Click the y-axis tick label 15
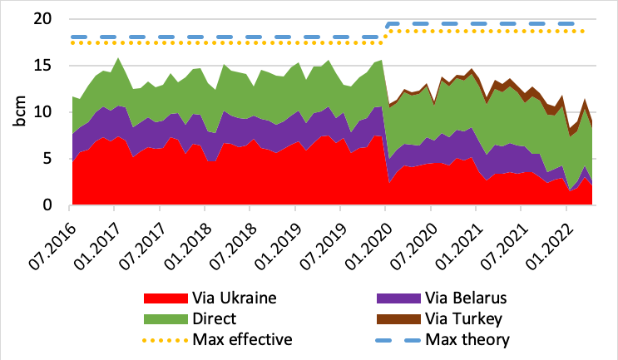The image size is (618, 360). coord(47,66)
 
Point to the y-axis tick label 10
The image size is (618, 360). coord(47,112)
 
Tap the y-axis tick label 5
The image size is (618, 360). coord(52,159)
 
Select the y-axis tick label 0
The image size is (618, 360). coord(52,205)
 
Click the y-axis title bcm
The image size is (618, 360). coord(19,113)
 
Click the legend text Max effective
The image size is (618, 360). coord(241,339)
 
